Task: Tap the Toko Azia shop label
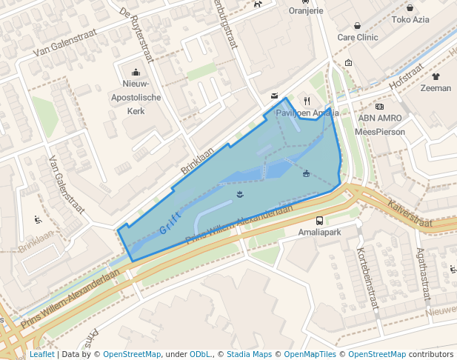point(411,20)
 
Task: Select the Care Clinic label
point(358,37)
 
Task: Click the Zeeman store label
point(435,88)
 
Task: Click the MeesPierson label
point(380,131)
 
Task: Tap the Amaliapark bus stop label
point(319,233)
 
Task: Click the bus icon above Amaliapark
point(319,220)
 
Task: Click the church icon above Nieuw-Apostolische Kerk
point(136,73)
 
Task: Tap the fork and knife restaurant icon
point(307,101)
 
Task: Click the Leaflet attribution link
point(41,354)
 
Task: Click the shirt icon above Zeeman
point(435,76)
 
